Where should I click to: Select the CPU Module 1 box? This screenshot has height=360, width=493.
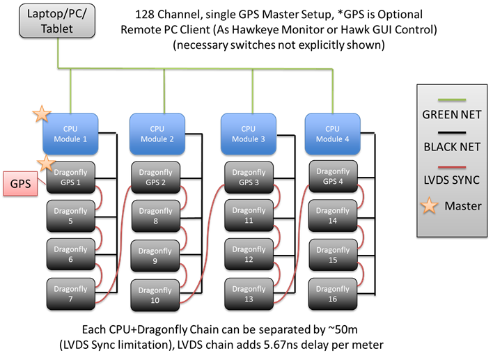[x=72, y=132]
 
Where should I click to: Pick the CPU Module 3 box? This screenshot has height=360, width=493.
[x=248, y=132]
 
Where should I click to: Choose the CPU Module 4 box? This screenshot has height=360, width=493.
[x=332, y=132]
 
